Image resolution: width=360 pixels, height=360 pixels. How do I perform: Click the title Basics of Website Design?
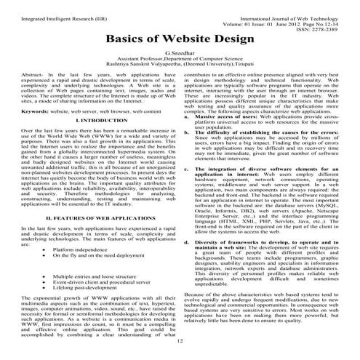click(180, 38)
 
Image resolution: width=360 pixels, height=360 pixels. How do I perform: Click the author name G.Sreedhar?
click(180, 54)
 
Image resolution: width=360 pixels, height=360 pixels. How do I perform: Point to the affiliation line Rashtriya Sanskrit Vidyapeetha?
click(180, 65)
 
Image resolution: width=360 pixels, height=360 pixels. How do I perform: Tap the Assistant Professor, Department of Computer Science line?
click(180, 60)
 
